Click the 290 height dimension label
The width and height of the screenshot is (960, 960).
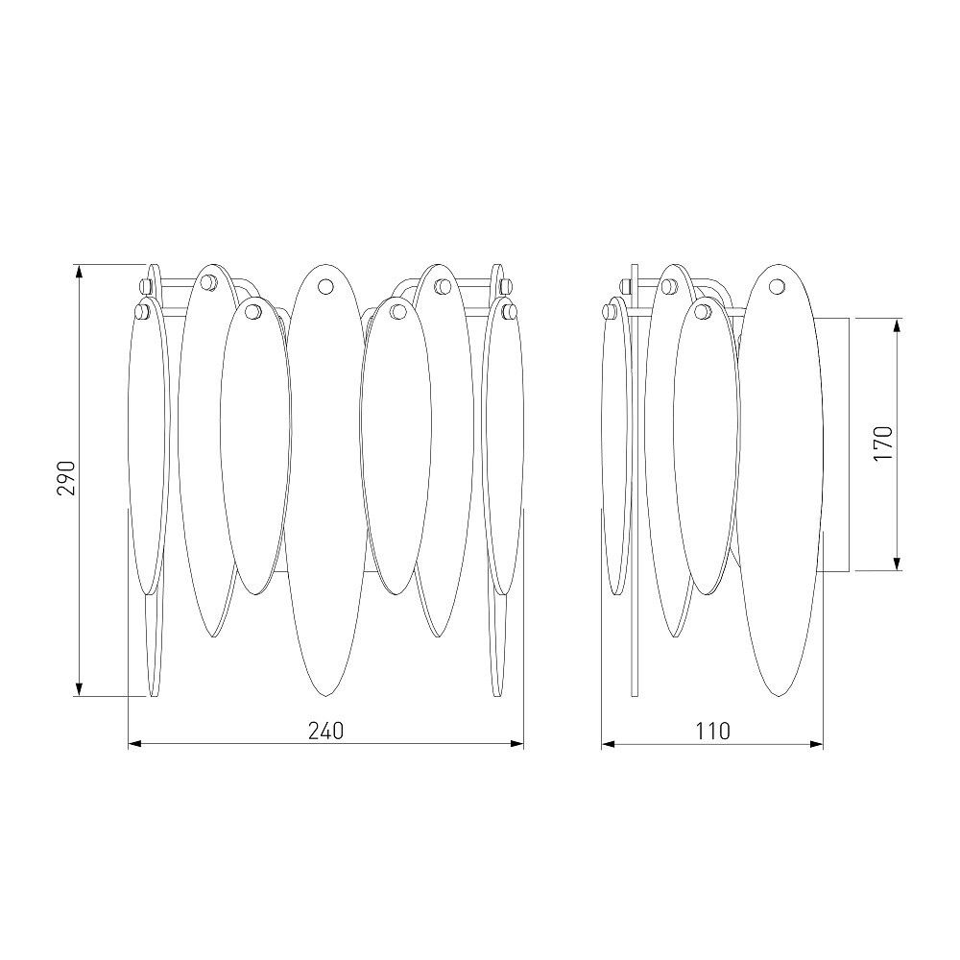coord(66,478)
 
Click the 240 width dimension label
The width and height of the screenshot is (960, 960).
coord(325,731)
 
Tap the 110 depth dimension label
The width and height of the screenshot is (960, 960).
coord(712,731)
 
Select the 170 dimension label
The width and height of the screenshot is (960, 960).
coord(884,444)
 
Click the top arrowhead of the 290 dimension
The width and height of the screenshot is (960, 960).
coord(79,271)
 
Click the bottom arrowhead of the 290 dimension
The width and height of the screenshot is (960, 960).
coord(79,689)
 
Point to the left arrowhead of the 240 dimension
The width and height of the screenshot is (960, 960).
coord(134,744)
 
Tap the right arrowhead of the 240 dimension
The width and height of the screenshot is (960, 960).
coord(517,744)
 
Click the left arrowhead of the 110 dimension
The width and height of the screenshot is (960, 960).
coord(608,744)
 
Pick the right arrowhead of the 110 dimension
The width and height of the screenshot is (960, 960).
coord(816,744)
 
